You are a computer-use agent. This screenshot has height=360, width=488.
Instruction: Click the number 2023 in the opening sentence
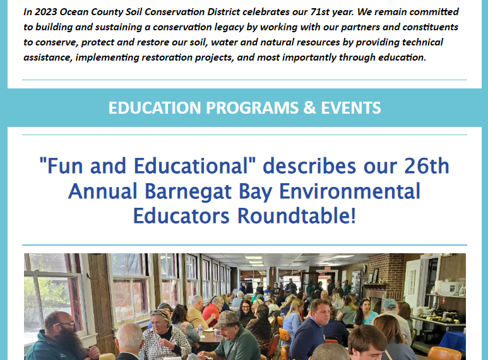[x=45, y=12]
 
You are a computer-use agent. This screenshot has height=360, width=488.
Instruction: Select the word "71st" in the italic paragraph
[x=320, y=12]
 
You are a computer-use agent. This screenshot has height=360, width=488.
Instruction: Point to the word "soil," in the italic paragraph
[x=199, y=42]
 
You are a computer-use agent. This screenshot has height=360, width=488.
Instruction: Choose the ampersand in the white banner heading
[x=309, y=108]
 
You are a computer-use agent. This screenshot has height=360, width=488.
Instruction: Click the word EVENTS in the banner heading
[x=351, y=108]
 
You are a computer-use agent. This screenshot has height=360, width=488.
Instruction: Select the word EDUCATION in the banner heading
[x=155, y=108]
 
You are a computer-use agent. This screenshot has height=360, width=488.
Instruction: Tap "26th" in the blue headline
[x=427, y=165]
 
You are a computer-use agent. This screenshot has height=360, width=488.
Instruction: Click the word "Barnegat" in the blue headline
[x=188, y=191]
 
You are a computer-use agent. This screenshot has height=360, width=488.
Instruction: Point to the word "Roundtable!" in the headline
[x=297, y=216]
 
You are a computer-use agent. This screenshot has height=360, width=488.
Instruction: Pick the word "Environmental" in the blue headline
[x=350, y=191]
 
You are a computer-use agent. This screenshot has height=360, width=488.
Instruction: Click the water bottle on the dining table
[x=200, y=330]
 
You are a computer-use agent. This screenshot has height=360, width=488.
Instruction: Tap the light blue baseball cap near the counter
[x=390, y=303]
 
